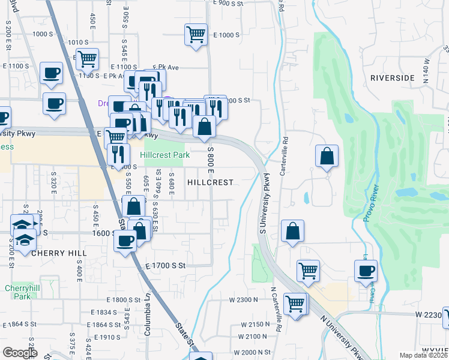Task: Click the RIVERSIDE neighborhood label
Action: point(393,78)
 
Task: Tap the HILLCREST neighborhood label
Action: point(210,182)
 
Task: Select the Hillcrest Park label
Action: point(165,155)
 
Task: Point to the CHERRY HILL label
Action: point(59,254)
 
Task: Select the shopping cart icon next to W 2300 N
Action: point(295,304)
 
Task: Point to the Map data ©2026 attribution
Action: point(424,355)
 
